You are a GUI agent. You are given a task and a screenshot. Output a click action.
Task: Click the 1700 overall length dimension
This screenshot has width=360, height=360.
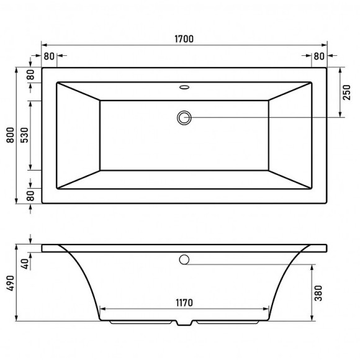pos(184,39)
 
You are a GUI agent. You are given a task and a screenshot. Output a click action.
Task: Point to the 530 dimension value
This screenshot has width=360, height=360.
pos(25,135)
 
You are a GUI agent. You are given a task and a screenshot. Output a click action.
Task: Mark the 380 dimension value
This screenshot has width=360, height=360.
pos(318,292)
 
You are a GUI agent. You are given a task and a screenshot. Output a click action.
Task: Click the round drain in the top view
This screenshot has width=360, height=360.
pos(184,116)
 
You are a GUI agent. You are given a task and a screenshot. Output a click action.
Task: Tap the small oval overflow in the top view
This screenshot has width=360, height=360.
pos(184,87)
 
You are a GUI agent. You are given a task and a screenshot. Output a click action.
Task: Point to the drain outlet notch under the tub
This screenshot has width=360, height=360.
pos(184,324)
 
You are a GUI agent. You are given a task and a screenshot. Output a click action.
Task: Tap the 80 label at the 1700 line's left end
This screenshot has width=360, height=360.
pos(49,56)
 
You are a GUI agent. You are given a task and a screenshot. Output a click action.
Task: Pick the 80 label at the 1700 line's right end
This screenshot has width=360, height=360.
pos(319,56)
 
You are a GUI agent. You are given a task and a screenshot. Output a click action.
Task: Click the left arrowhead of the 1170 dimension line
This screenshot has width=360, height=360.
pos(103,308)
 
